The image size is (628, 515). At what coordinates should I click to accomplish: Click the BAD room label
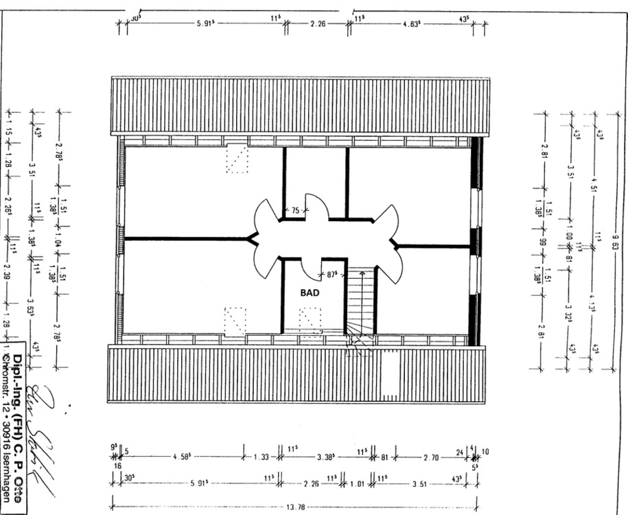pos(310,292)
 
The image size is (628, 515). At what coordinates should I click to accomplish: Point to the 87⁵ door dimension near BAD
pos(333,275)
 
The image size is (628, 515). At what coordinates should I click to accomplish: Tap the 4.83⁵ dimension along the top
pos(414,23)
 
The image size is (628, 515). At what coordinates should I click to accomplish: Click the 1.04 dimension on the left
pos(59,240)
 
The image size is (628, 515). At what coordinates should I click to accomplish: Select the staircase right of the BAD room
pos(362,302)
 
